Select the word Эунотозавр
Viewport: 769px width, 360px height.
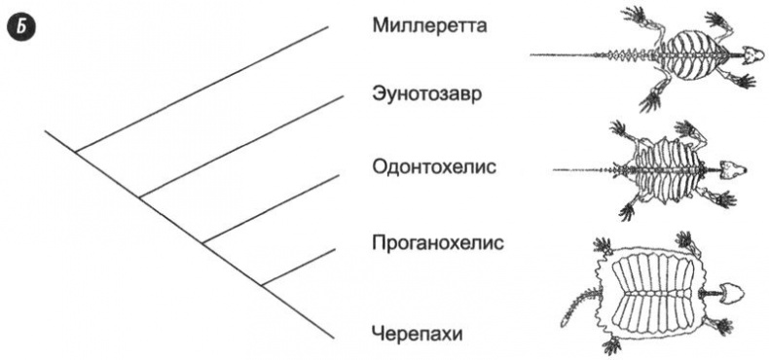pos(427,95)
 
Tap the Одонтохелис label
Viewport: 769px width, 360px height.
pos(434,166)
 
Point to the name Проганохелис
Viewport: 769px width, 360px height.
pos(437,240)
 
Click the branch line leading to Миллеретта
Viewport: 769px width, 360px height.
pos(204,89)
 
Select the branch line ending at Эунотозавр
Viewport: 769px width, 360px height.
pos(238,147)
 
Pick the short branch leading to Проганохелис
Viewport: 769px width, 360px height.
pos(299,266)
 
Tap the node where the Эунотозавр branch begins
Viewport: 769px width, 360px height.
pos(140,198)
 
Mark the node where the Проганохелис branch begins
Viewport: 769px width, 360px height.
pos(264,284)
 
